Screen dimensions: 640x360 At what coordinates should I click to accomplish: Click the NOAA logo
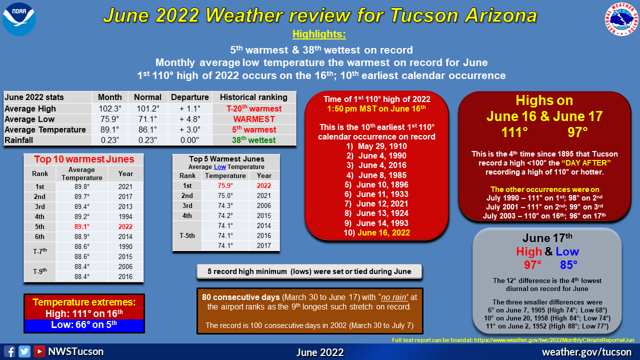point(19,19)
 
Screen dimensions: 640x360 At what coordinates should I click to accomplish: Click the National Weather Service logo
point(621,19)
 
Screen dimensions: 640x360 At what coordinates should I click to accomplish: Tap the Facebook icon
point(9,351)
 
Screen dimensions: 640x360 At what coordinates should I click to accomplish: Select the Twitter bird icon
point(24,351)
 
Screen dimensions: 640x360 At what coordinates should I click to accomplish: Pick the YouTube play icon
point(39,351)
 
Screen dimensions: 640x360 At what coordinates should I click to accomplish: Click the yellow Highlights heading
point(319,34)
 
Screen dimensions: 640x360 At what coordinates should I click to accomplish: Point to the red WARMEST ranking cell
point(254,119)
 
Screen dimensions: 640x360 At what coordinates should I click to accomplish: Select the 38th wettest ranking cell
point(253,140)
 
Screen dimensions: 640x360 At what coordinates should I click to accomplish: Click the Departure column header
point(189,97)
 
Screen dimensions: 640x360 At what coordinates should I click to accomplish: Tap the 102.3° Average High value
point(110,108)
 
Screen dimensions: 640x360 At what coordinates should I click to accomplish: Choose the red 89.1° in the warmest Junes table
point(82,226)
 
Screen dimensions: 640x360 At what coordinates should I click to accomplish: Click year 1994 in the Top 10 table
point(125,216)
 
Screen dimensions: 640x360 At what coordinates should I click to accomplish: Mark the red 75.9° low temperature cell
point(225,185)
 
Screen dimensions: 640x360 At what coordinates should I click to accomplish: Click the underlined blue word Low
point(220,167)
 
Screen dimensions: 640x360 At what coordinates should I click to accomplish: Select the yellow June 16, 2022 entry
point(383,232)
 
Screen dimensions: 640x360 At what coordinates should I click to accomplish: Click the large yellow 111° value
point(514,132)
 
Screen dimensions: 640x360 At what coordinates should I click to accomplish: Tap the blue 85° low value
point(568,265)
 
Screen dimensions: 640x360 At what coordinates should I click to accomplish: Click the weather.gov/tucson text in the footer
point(586,352)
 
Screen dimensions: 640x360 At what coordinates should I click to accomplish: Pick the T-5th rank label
point(187,235)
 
